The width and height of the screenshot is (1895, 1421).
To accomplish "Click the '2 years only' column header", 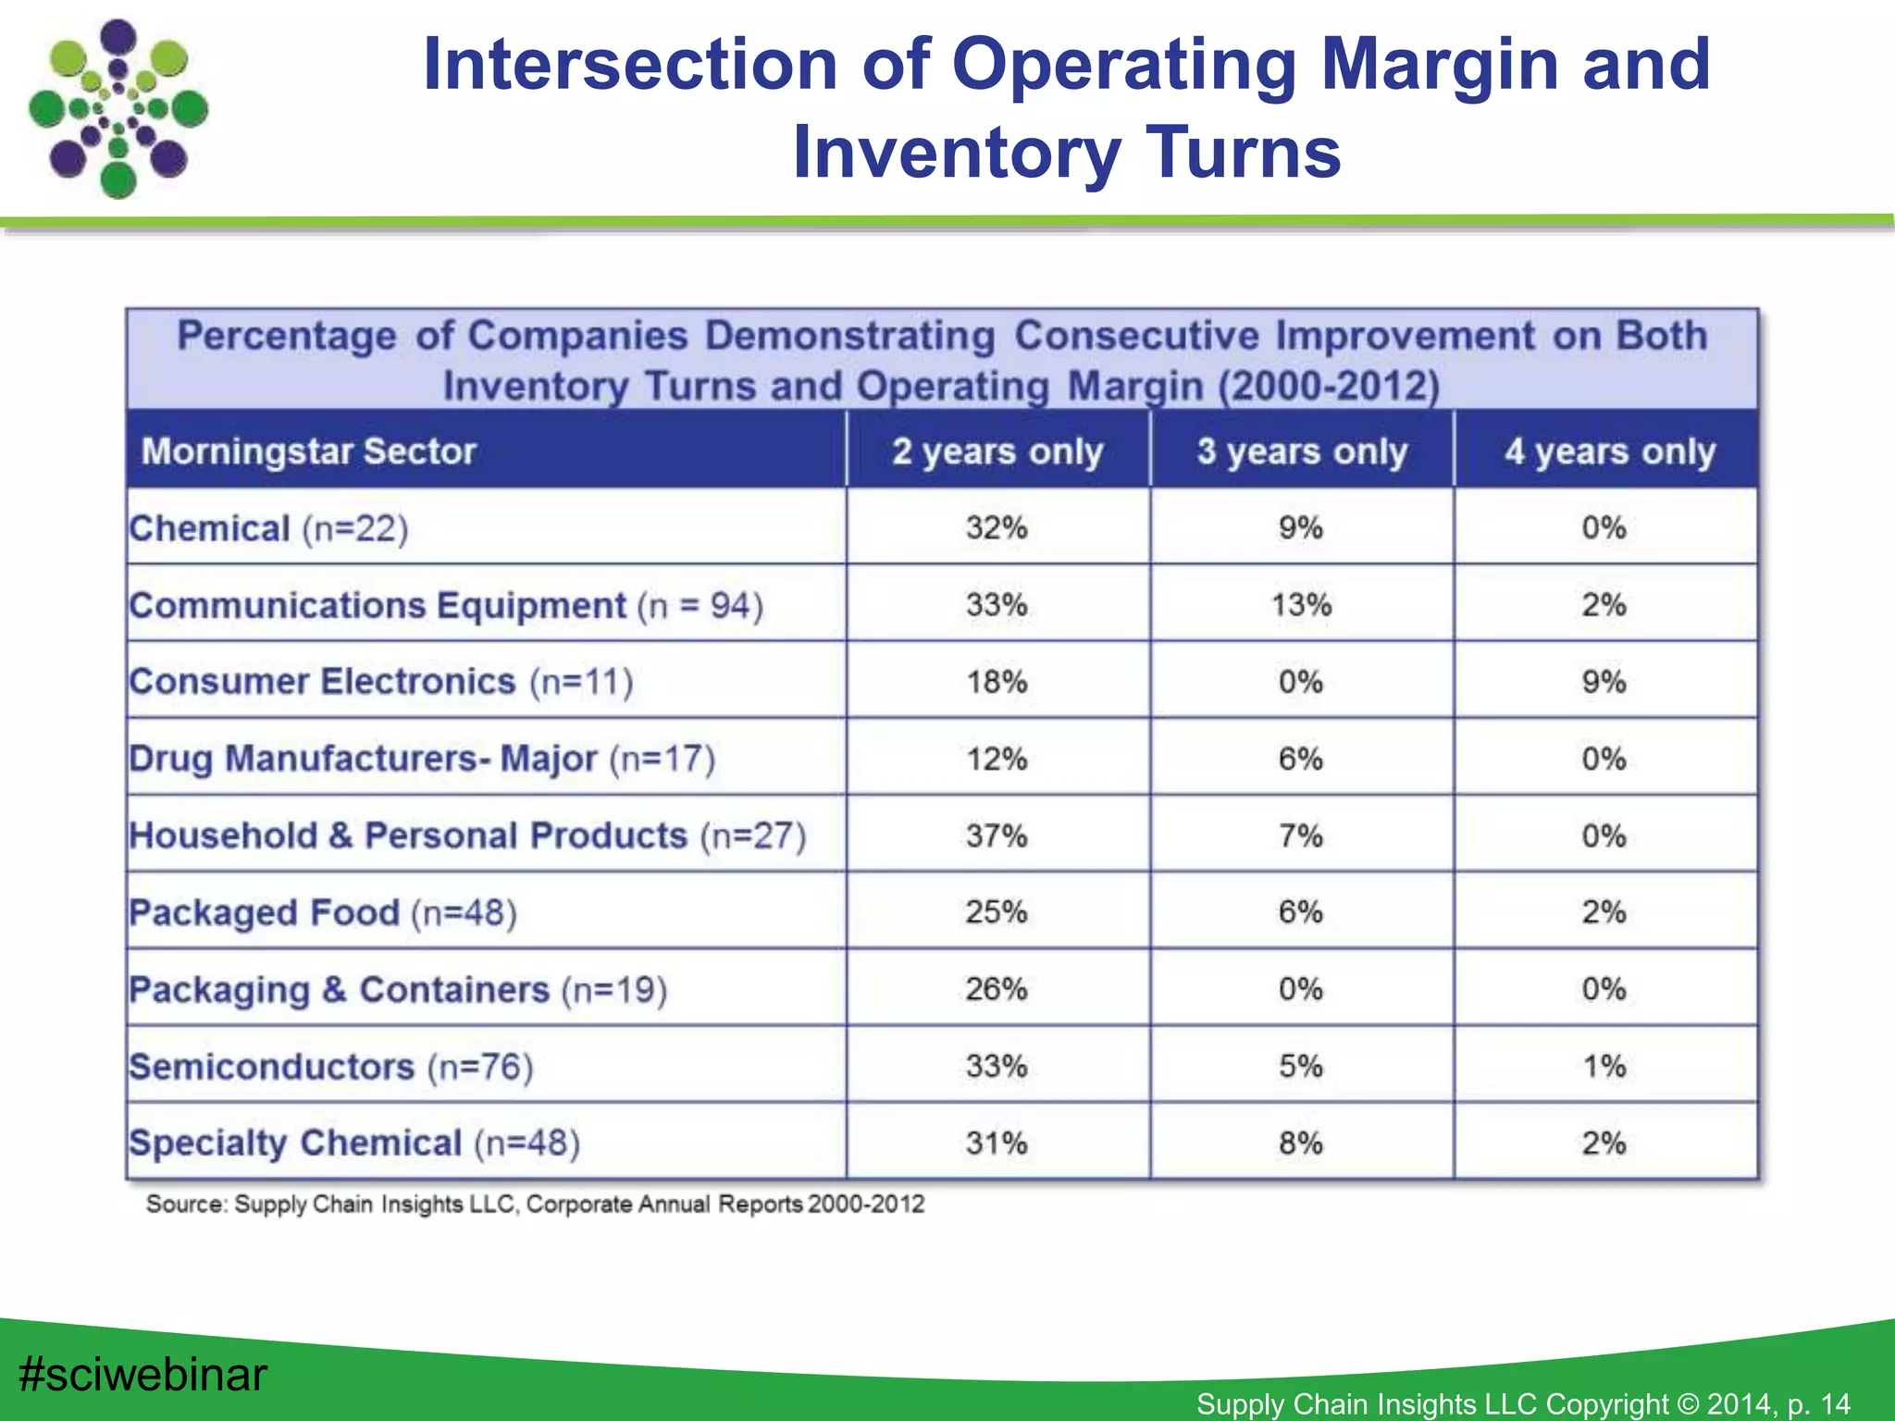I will pyautogui.click(x=997, y=451).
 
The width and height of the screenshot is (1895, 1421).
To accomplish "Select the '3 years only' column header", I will pyautogui.click(x=1302, y=451).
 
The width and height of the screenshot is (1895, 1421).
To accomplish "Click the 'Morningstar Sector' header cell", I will pyautogui.click(x=308, y=451).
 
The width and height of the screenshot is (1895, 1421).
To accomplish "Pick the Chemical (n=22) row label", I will pyautogui.click(x=268, y=528).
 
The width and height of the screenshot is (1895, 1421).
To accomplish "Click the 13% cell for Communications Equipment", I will pyautogui.click(x=1301, y=605).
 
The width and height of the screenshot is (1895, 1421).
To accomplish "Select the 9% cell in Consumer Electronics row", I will pyautogui.click(x=1604, y=682).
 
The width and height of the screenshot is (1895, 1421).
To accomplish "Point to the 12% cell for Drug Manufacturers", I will pyautogui.click(x=997, y=759).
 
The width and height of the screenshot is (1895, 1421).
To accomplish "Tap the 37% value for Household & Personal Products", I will pyautogui.click(x=997, y=835).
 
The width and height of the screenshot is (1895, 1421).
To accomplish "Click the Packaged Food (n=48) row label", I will pyautogui.click(x=322, y=912).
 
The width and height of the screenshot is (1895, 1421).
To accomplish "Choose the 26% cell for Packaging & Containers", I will pyautogui.click(x=997, y=989).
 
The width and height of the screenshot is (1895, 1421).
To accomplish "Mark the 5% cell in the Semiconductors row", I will pyautogui.click(x=1301, y=1066).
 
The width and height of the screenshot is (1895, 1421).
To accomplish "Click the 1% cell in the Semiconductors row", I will pyautogui.click(x=1604, y=1066).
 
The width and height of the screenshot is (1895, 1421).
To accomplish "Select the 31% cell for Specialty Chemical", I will pyautogui.click(x=997, y=1143).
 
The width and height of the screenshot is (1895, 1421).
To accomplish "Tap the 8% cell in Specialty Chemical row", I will pyautogui.click(x=1301, y=1143).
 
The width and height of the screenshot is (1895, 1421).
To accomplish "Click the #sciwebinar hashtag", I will pyautogui.click(x=143, y=1374).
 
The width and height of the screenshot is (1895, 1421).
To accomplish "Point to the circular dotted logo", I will pyautogui.click(x=118, y=109).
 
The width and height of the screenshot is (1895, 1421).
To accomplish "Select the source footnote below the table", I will pyautogui.click(x=535, y=1204).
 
